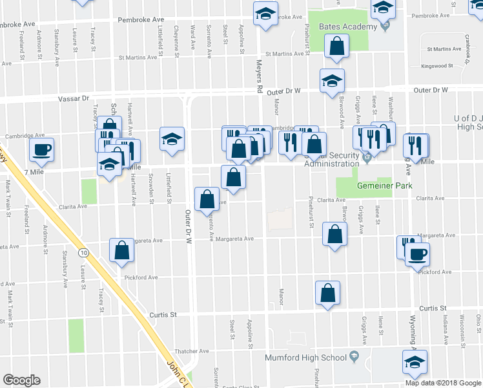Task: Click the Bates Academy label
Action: pyautogui.click(x=347, y=27)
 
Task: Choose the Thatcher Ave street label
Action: pyautogui.click(x=194, y=352)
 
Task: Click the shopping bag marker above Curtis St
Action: pyautogui.click(x=328, y=292)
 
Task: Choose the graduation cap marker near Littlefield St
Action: pyautogui.click(x=172, y=139)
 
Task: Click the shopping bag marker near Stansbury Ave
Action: pyautogui.click(x=121, y=250)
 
